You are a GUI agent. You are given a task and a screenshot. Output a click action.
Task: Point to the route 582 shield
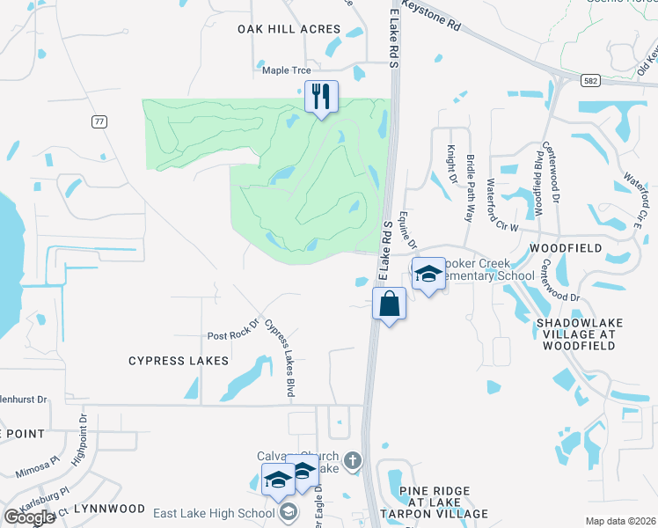pyautogui.click(x=589, y=80)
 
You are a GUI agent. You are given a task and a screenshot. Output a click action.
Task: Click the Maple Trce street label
pyautogui.click(x=287, y=70)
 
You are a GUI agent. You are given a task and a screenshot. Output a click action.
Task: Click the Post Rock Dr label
pyautogui.click(x=232, y=335)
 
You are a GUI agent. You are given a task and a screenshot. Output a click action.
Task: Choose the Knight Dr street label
pyautogui.click(x=451, y=164)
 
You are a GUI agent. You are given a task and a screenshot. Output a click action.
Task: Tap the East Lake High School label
pyautogui.click(x=214, y=514)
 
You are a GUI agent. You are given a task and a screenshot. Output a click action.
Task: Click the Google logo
pyautogui.click(x=30, y=517)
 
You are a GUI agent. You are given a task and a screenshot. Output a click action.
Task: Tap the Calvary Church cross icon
pyautogui.click(x=352, y=460)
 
